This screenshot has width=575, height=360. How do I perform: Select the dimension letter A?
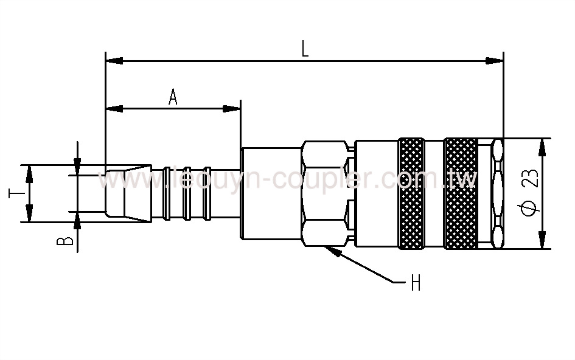point(173,97)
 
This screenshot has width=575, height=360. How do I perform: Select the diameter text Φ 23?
point(529,193)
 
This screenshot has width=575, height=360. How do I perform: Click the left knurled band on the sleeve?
point(412,193)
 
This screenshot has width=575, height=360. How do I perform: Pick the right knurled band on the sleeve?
point(461,193)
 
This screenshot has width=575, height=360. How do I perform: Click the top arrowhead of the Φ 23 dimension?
point(543,147)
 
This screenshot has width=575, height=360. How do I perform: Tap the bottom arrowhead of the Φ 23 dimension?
point(543,240)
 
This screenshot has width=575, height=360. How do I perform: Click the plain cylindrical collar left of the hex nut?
point(271,193)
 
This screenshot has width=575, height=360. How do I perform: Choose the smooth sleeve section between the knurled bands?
point(435,193)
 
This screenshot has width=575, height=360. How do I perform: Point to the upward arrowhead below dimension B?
point(78,220)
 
